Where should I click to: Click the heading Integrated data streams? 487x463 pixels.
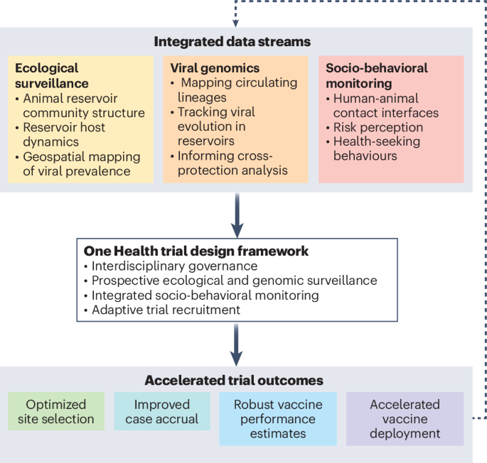click(232, 41)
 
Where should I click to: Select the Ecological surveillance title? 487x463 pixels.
click(47, 76)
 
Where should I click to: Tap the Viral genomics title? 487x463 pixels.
click(215, 68)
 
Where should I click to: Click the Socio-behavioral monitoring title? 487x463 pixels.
click(377, 76)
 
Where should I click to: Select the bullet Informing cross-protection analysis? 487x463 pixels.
click(228, 163)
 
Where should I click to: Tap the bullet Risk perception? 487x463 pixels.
click(378, 127)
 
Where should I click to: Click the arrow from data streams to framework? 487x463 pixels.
click(237, 217)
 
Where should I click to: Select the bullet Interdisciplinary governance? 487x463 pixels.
click(171, 266)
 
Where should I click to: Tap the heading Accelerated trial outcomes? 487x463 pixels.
click(233, 381)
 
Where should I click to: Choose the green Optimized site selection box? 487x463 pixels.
click(56, 411)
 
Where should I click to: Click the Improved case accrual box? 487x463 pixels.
click(162, 411)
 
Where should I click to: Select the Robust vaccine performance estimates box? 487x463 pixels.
click(278, 418)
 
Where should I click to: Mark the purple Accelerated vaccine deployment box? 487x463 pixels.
click(405, 418)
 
